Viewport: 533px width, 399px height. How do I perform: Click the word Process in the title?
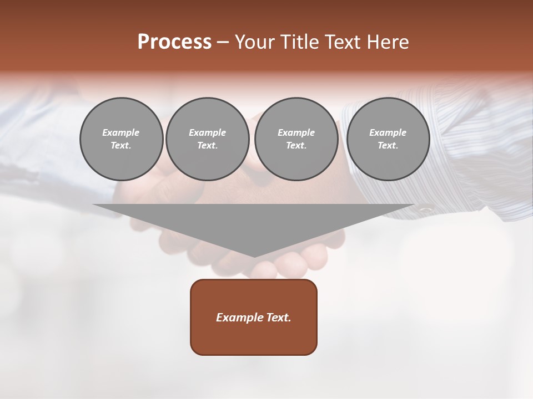pos(174,42)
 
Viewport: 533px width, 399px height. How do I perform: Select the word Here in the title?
pos(388,42)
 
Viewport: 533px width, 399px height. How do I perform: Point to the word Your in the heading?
pos(254,42)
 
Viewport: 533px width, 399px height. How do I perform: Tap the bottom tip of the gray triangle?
pos(254,256)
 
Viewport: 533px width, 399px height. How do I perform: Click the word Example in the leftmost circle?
pos(121,132)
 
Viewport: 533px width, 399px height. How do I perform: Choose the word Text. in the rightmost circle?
pos(388,146)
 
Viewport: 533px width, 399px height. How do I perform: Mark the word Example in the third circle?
pos(296,132)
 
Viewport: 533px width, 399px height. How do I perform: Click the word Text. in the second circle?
pos(207,146)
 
